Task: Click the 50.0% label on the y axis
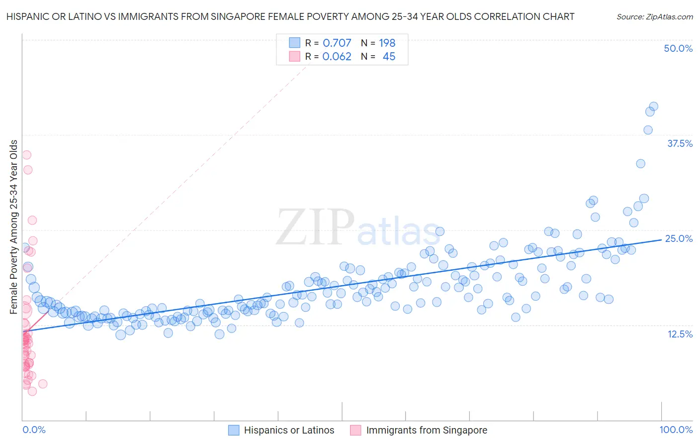click(678, 48)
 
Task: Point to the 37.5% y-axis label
click(680, 143)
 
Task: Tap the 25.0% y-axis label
click(679, 238)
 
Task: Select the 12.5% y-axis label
click(680, 334)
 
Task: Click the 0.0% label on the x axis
click(34, 430)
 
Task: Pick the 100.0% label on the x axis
click(676, 430)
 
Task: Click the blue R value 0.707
click(337, 43)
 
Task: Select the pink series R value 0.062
click(337, 57)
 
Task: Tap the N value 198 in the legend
click(387, 43)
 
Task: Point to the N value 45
click(389, 57)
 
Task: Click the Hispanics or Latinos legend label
click(289, 430)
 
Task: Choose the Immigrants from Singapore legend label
click(427, 430)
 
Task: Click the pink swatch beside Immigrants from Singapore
click(355, 430)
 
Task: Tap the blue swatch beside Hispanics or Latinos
click(234, 430)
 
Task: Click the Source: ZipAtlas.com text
click(654, 16)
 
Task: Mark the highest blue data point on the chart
click(654, 107)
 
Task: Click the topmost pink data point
click(27, 155)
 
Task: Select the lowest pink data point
click(32, 391)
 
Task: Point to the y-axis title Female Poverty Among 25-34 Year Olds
click(14, 227)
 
